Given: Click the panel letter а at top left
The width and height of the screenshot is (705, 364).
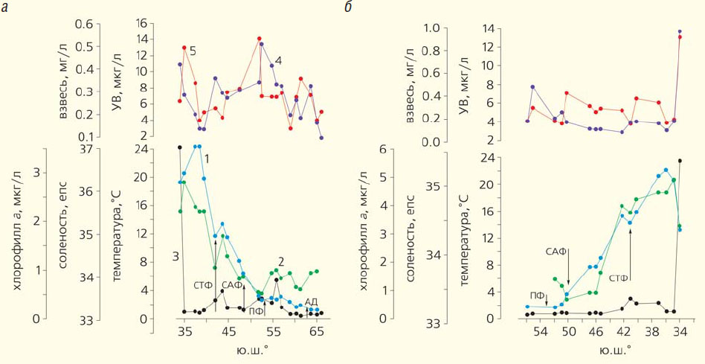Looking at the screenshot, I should pyautogui.click(x=4, y=9).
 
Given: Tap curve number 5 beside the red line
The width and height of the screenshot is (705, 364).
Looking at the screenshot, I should pyautogui.click(x=193, y=51).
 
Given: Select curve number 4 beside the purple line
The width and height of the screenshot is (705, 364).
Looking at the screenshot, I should pyautogui.click(x=278, y=60).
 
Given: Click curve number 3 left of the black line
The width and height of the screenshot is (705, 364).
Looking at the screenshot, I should pyautogui.click(x=176, y=256).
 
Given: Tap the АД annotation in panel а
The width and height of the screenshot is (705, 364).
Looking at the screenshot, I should pyautogui.click(x=312, y=301).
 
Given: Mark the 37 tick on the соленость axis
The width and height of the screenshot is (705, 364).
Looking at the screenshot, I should pyautogui.click(x=99, y=149).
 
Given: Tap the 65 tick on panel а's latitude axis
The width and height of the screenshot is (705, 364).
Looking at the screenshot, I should pyautogui.click(x=318, y=331).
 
